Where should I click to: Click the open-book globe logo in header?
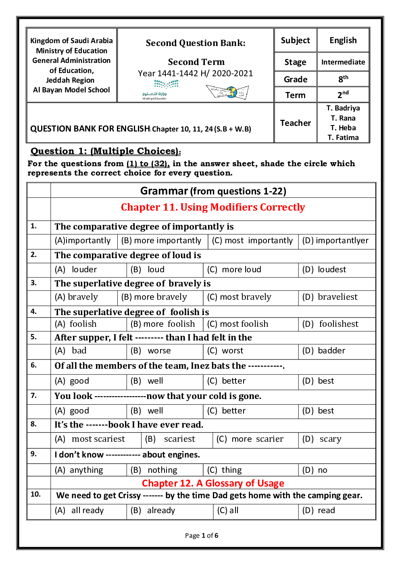click(x=227, y=92)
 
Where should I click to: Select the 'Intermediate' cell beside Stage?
click(x=343, y=62)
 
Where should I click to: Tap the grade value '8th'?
click(x=343, y=79)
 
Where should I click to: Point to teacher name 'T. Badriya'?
click(x=343, y=108)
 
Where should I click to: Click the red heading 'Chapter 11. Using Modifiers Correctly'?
click(x=213, y=207)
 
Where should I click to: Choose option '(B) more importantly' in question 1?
click(x=161, y=241)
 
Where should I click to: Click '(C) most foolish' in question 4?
click(x=237, y=324)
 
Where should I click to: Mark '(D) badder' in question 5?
click(x=324, y=351)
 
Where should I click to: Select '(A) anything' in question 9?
click(x=79, y=470)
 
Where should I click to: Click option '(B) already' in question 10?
click(x=153, y=511)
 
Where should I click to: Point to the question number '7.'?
click(x=34, y=396)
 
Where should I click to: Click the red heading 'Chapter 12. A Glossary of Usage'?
click(x=213, y=483)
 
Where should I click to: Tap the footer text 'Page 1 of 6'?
click(x=202, y=536)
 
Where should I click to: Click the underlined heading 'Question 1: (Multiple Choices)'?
click(x=106, y=151)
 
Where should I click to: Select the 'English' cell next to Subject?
click(x=343, y=41)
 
